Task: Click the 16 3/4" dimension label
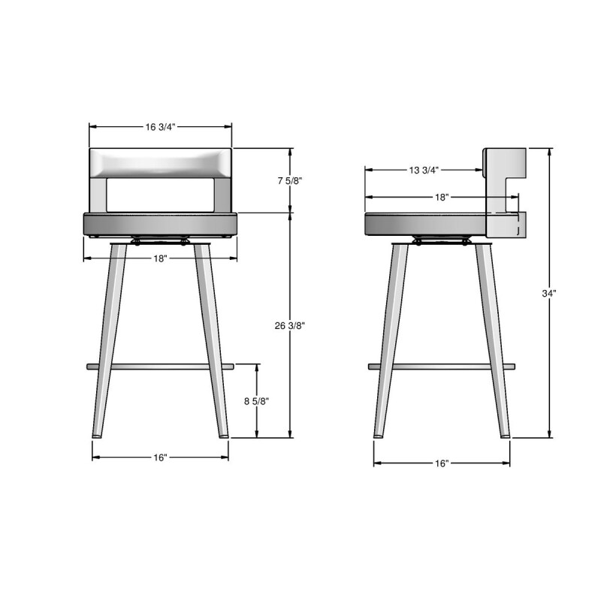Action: pos(160,127)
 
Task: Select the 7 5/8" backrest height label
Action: pos(290,181)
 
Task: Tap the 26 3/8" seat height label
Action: pos(290,326)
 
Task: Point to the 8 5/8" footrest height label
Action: pos(256,401)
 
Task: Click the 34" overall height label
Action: pos(549,293)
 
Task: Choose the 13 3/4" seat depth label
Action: pos(423,171)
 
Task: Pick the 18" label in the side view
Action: pos(442,197)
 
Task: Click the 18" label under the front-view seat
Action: pos(161,258)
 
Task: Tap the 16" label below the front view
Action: pos(160,458)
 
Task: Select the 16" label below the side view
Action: pos(442,464)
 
